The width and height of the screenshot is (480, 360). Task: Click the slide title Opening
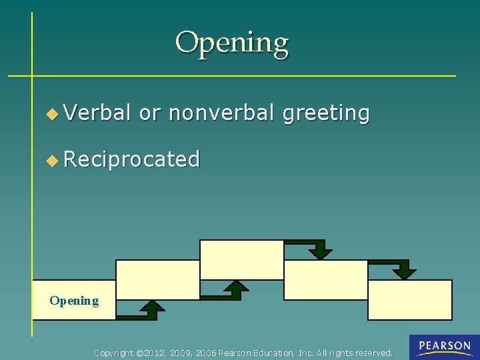coord(232,43)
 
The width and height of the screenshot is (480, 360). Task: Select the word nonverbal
coord(221,113)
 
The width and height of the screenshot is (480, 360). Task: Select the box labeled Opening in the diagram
coord(74,300)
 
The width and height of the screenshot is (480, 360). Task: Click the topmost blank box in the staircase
coord(242,260)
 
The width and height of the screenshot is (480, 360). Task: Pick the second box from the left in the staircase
coord(158,280)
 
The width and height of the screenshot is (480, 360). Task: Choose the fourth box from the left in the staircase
coord(326,280)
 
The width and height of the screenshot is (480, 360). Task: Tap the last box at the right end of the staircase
coord(410,300)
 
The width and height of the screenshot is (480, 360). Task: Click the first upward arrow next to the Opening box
coord(153,309)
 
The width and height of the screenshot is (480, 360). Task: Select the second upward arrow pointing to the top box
coord(235,289)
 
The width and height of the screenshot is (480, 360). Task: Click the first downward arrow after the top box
coord(321,250)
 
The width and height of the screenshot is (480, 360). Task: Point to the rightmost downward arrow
coord(403,269)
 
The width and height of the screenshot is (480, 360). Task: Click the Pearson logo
coord(445,347)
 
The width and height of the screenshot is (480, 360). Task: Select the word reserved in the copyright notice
coord(375,353)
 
